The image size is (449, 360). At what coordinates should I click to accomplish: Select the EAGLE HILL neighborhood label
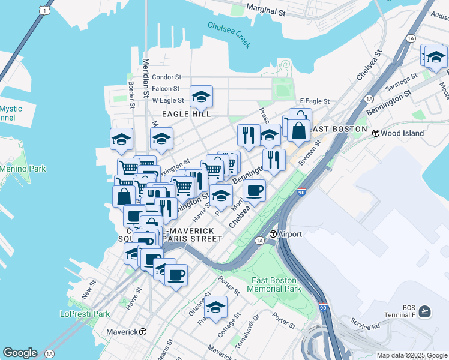point(186,114)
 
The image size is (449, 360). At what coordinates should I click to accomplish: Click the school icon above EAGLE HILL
point(202,97)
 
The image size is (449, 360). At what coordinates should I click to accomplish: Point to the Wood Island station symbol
point(376,133)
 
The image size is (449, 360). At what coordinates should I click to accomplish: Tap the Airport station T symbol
point(273,234)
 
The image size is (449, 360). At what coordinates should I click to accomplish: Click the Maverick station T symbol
point(143,332)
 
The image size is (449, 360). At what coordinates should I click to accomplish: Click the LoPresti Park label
point(85,313)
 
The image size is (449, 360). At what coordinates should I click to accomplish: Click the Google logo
point(19,353)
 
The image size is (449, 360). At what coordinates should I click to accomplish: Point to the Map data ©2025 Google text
point(411,355)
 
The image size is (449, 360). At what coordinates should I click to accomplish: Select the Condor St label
point(166,77)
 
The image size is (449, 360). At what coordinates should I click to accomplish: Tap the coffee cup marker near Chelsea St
point(254,191)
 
